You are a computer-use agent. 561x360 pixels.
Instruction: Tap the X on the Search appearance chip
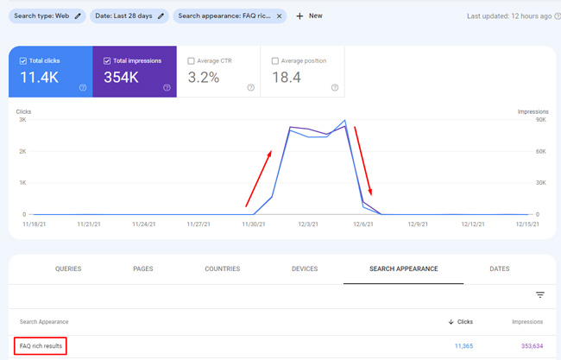[279, 16]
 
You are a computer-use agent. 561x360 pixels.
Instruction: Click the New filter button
[309, 16]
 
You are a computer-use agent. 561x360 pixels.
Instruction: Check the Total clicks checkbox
[22, 61]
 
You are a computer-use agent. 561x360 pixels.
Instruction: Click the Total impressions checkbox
[107, 61]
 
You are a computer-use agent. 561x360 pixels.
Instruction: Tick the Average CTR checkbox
[191, 61]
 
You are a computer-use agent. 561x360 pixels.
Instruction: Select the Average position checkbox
[274, 61]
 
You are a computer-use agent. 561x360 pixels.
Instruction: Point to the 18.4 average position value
[286, 78]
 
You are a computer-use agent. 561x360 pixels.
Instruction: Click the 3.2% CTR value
[204, 78]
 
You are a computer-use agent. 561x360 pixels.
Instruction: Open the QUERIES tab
[68, 268]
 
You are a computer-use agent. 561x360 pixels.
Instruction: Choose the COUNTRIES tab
[223, 268]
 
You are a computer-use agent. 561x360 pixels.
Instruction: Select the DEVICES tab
[305, 268]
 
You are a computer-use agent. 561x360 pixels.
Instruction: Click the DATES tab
[499, 268]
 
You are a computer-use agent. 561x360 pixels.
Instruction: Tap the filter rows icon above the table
[540, 295]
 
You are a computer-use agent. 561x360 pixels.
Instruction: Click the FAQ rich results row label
[41, 346]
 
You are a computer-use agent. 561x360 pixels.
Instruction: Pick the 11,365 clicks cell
[463, 346]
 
